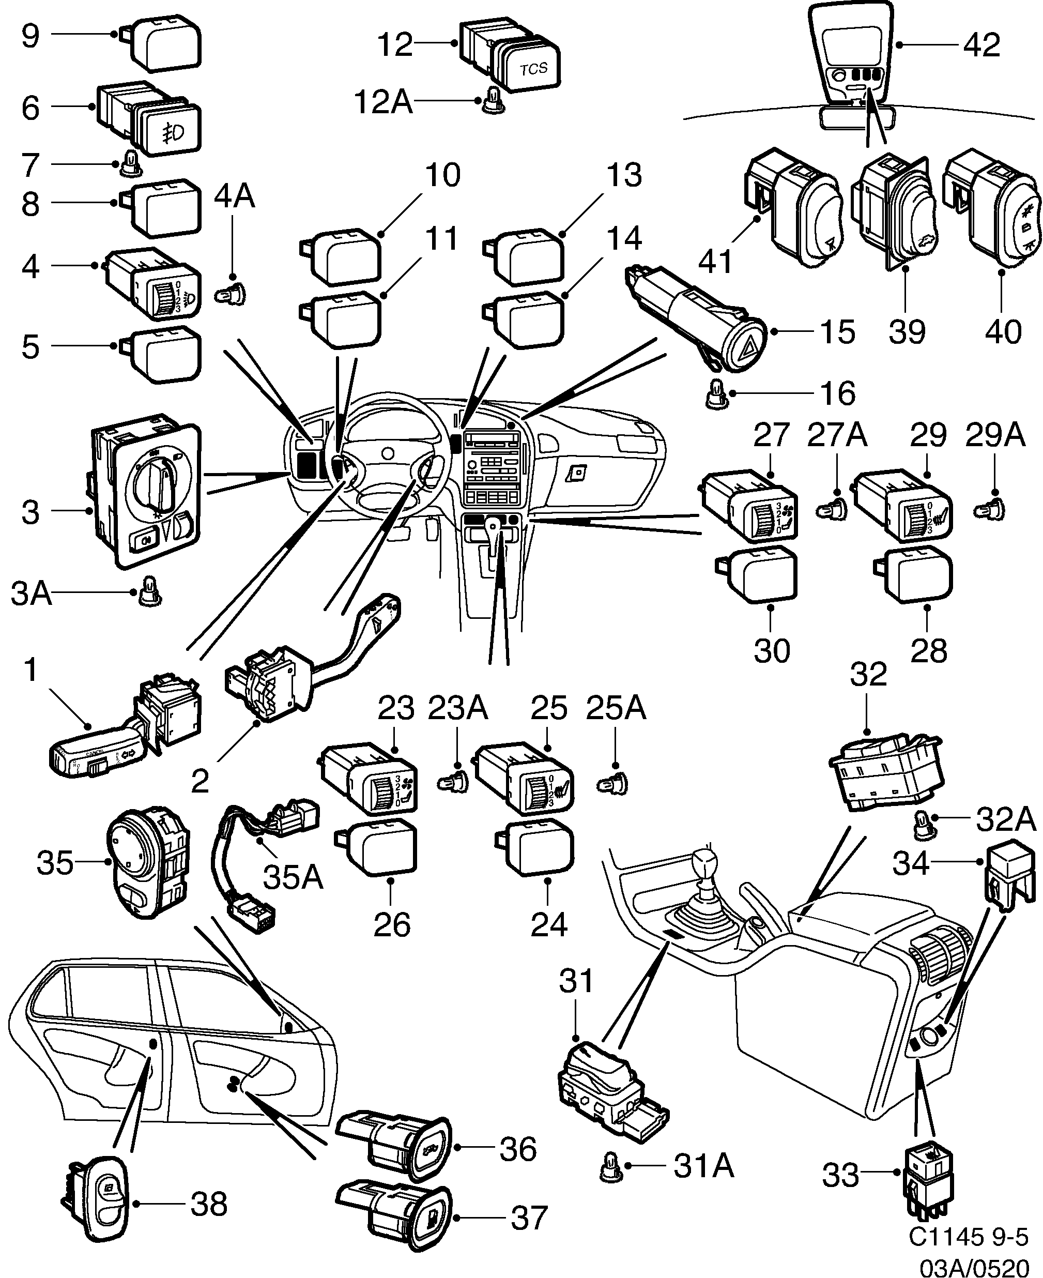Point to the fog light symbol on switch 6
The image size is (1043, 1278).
click(x=174, y=133)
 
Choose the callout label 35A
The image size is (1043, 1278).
click(x=293, y=877)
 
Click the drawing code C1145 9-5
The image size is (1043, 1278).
click(x=968, y=1235)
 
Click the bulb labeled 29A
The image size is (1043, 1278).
click(x=988, y=511)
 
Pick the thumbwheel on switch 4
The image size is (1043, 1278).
click(x=163, y=297)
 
